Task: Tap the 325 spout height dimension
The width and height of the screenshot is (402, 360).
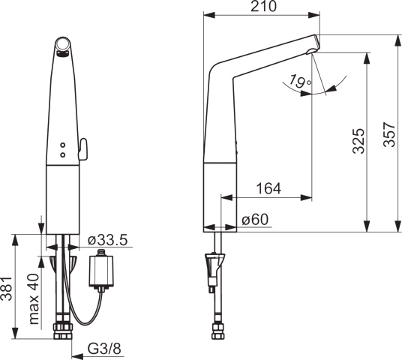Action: pyautogui.click(x=358, y=140)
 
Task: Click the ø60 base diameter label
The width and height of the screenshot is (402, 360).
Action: pyautogui.click(x=256, y=220)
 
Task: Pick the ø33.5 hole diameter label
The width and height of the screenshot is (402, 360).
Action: pyautogui.click(x=107, y=240)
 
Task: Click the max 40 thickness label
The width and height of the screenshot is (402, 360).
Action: pyautogui.click(x=34, y=298)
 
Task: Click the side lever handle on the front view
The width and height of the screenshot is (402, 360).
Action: pyautogui.click(x=82, y=146)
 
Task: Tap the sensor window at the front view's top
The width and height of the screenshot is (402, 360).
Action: pyautogui.click(x=64, y=49)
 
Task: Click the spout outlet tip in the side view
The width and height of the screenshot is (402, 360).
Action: pyautogui.click(x=313, y=49)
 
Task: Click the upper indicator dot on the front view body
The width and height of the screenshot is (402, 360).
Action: pyautogui.click(x=63, y=145)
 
